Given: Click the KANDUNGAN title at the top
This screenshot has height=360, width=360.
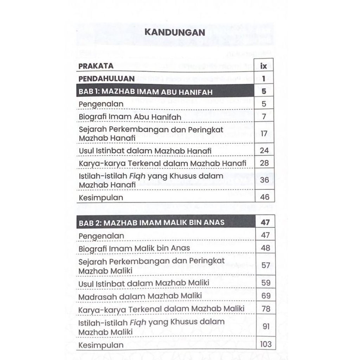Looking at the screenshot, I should pos(175,32).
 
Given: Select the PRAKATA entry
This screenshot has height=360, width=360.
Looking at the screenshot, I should pos(96,66).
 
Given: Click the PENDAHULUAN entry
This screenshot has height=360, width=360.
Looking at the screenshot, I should pos(107,78).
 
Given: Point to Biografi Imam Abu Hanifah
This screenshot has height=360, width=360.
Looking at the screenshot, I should pos(130,116).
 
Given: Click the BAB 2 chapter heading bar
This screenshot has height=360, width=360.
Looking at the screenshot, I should pos(165,223).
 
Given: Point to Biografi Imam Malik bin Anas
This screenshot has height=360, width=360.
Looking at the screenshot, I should pos(134,248).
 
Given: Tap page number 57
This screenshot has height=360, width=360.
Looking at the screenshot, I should pos(266,265).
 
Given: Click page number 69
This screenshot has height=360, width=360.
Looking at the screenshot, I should pos(266,296).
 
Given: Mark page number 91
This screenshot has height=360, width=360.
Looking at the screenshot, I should pos(266,326).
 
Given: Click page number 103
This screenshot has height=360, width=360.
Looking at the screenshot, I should pos(266,344).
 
